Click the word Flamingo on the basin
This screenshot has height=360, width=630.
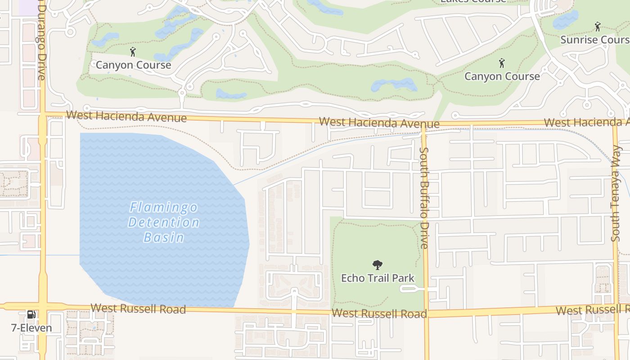[164, 207]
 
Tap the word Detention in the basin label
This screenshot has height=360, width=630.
[164, 222]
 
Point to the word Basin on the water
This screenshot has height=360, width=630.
[164, 237]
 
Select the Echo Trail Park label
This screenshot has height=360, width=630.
[378, 278]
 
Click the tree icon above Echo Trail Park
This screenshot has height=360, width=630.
[378, 265]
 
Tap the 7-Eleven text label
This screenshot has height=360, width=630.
[31, 328]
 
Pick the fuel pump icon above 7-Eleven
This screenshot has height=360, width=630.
[31, 315]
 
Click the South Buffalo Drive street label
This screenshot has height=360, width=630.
[424, 198]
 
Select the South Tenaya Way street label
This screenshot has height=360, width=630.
[616, 193]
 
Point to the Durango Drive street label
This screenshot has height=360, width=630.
[42, 43]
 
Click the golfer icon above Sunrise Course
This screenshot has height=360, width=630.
[598, 27]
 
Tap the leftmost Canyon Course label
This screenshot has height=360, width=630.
[134, 65]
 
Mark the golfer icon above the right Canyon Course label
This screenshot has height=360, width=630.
[502, 63]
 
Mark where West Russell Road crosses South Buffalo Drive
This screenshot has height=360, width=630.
[426, 311]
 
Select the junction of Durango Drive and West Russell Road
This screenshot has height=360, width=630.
[43, 306]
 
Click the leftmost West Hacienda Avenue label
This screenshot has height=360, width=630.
[126, 116]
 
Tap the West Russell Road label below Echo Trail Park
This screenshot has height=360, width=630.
[379, 314]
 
